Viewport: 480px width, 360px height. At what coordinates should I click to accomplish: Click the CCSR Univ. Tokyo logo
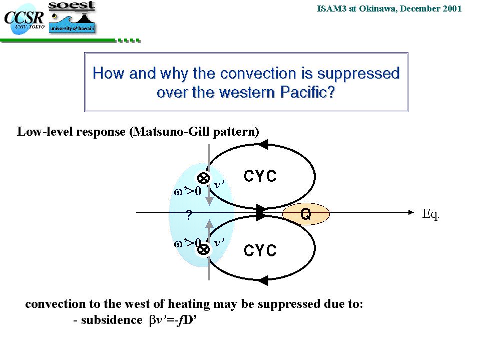[x=24, y=20]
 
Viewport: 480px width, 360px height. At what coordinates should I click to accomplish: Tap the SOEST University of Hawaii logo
[x=72, y=17]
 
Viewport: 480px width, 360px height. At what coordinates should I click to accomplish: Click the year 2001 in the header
[x=452, y=9]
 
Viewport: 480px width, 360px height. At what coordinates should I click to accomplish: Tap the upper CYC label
[x=260, y=176]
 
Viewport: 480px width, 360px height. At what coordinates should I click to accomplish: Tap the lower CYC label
[x=260, y=250]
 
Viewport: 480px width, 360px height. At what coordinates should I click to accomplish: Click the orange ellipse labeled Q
[x=306, y=214]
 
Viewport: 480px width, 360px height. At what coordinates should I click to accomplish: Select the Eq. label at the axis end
[x=431, y=214]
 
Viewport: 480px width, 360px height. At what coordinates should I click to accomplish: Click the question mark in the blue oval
[x=189, y=215]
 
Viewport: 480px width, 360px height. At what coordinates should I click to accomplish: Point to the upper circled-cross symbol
[x=203, y=178]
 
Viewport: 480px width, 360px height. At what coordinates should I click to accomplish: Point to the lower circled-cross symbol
[x=203, y=249]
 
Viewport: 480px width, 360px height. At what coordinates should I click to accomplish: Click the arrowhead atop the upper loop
[x=263, y=144]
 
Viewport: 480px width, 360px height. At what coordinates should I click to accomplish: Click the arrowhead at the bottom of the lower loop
[x=263, y=280]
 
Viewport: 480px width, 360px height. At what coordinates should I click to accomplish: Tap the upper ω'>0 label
[x=187, y=191]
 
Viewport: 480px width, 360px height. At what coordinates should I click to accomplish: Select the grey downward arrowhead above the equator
[x=209, y=200]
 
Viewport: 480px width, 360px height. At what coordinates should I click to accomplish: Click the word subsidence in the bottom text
[x=112, y=320]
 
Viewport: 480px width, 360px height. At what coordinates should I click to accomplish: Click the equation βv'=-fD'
[x=173, y=320]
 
